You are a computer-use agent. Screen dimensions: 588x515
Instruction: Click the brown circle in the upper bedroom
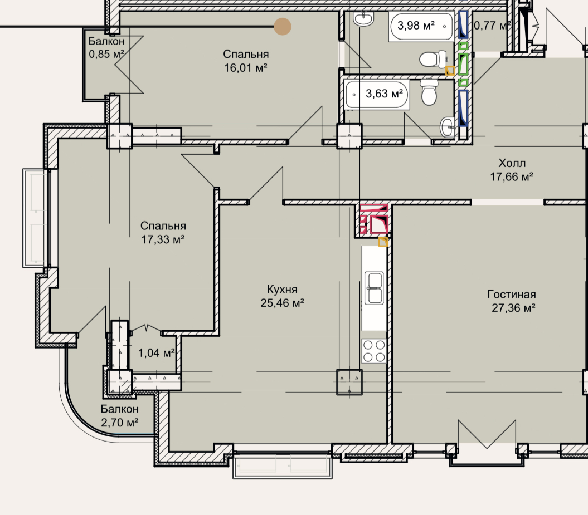283,27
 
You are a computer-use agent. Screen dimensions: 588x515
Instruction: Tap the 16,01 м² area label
246,68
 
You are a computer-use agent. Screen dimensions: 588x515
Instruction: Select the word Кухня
283,289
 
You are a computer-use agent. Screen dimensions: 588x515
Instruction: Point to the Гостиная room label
512,295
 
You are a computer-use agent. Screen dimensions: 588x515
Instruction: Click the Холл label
512,163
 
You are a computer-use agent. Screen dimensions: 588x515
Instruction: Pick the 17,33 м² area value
163,239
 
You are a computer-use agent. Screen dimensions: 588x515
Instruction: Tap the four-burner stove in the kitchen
374,351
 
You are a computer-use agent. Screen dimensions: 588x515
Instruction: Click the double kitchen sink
374,288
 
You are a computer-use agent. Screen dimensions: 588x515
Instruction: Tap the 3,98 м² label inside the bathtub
416,26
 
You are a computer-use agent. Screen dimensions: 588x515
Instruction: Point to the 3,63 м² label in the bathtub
385,94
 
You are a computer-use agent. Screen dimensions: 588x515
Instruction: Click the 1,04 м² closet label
157,353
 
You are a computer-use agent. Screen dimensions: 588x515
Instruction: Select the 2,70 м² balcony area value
120,423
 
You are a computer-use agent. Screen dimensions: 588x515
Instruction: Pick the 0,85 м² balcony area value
106,54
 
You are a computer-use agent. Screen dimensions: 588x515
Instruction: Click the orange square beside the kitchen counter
383,242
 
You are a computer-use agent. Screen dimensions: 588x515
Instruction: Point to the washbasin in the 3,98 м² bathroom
363,19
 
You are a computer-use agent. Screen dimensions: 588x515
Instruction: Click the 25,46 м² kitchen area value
282,303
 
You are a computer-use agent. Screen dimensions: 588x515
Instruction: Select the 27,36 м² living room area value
513,308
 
